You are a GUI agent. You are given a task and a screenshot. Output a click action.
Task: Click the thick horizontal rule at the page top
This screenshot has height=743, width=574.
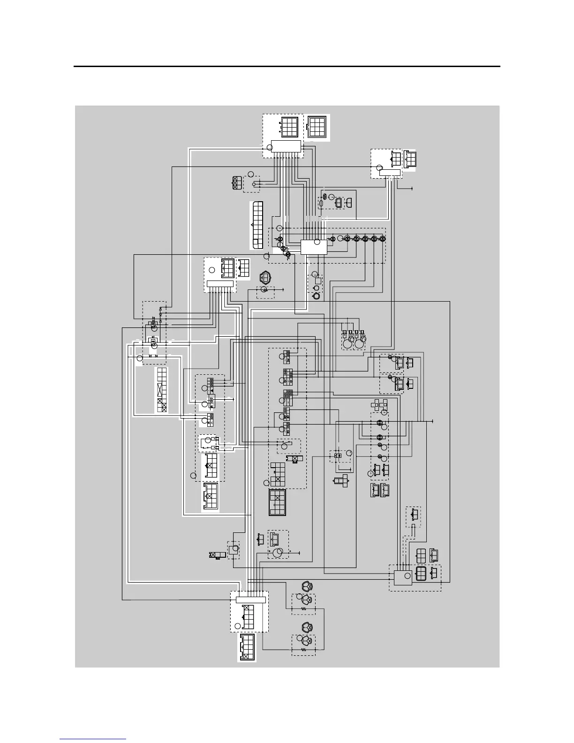click(287, 67)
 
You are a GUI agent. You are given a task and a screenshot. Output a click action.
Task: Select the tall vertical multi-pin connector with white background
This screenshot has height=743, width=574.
click(257, 225)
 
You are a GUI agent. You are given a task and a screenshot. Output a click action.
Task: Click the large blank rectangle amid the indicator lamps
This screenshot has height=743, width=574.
click(313, 247)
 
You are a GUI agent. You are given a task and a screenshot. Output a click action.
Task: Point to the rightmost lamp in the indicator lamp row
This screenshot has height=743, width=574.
click(383, 239)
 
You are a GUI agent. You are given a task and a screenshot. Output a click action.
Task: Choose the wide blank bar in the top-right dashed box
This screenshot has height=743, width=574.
click(390, 173)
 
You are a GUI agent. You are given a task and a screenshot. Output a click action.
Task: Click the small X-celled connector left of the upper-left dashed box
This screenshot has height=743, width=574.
click(237, 182)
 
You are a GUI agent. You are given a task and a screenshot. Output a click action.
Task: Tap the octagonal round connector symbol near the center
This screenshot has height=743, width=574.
click(265, 278)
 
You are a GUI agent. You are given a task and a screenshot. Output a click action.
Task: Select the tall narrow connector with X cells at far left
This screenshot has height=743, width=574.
click(162, 389)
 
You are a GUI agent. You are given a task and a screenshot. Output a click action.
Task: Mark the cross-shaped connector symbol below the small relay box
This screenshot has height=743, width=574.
click(341, 480)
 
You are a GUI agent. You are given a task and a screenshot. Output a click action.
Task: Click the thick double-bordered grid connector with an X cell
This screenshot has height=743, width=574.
click(278, 503)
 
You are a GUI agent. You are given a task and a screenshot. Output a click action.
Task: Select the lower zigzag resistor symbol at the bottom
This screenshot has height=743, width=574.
click(303, 650)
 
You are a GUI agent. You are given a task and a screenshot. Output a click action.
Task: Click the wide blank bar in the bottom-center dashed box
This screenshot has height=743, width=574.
click(250, 599)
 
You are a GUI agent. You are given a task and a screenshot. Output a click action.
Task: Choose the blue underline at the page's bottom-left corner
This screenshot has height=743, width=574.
click(93, 739)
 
